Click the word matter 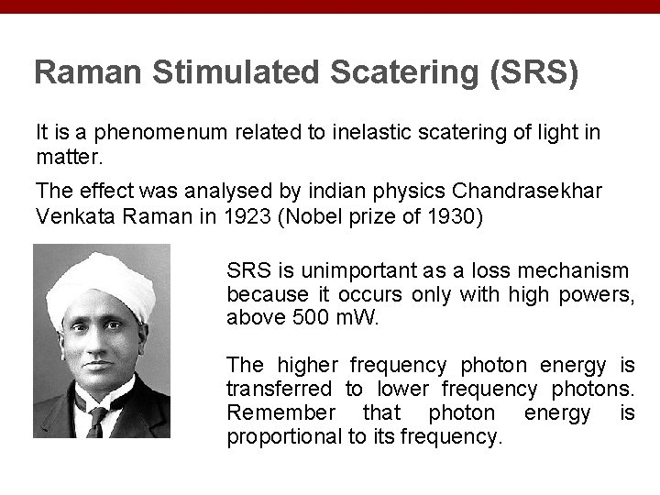pyautogui.click(x=65, y=156)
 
